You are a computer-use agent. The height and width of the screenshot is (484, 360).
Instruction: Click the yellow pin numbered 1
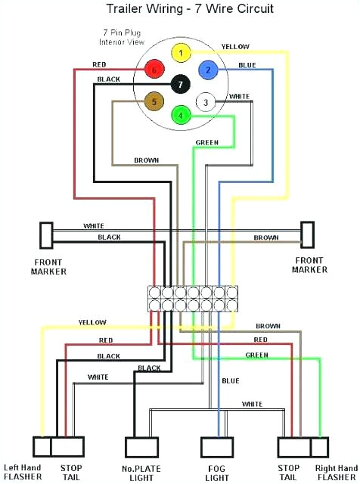click(x=180, y=54)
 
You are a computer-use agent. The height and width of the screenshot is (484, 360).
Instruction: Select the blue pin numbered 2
click(x=206, y=70)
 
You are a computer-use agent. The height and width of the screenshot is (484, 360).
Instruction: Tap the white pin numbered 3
click(x=203, y=102)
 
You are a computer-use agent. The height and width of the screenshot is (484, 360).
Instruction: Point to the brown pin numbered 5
click(x=155, y=101)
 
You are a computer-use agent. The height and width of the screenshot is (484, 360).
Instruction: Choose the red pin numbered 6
click(x=154, y=70)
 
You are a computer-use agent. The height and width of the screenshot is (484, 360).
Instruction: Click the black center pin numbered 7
click(x=180, y=85)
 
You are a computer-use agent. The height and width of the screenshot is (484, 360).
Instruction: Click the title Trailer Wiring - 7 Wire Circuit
click(x=179, y=9)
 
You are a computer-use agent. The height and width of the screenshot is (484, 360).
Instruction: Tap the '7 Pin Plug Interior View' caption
click(x=125, y=37)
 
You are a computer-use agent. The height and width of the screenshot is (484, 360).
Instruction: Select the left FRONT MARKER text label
click(x=49, y=266)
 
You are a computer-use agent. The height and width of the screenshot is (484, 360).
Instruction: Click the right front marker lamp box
click(x=307, y=234)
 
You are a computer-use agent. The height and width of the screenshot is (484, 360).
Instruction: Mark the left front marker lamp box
click(x=46, y=234)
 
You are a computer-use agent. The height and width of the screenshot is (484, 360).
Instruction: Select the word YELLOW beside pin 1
click(x=235, y=47)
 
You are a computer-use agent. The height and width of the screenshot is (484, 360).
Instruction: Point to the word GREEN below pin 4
click(x=207, y=142)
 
